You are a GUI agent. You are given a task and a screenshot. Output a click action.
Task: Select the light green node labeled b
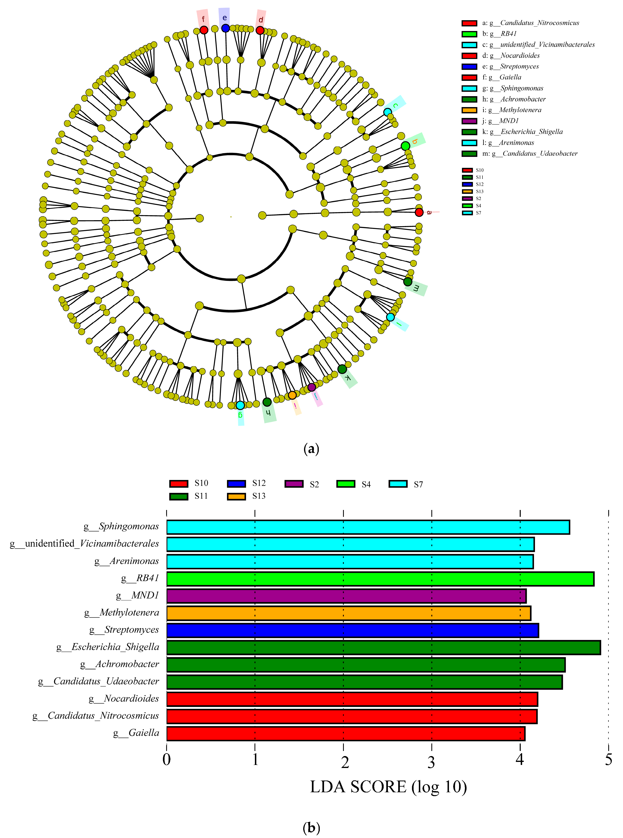point(405,146)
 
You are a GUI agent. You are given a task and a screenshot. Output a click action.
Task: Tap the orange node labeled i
point(292,395)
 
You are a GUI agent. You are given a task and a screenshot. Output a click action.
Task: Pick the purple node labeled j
point(311,387)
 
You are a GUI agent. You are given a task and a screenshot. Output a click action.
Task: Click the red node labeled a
point(419,212)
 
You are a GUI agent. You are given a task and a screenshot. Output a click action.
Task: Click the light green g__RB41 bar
point(380,579)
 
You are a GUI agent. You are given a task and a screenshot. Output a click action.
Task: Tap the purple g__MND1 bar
point(346,596)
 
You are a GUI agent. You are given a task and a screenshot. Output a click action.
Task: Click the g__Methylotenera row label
point(121,613)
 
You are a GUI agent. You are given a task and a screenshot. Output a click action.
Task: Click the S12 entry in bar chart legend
point(247,483)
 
